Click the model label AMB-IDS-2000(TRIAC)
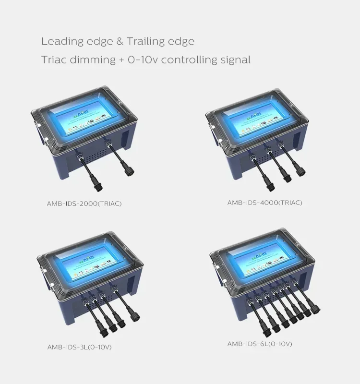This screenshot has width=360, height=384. [x=84, y=203]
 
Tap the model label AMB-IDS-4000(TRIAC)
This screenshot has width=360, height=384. [x=264, y=203]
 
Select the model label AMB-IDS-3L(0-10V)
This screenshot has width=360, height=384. [x=79, y=347]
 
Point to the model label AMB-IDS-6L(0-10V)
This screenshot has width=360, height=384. [x=259, y=344]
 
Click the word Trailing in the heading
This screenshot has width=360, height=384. [x=145, y=41]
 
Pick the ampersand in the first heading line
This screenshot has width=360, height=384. [x=120, y=41]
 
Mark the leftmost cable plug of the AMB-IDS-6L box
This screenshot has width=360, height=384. [x=265, y=330]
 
